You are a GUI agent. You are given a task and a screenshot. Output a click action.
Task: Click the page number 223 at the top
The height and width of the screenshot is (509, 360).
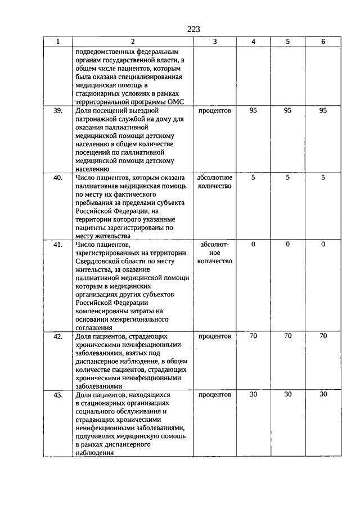[192, 29]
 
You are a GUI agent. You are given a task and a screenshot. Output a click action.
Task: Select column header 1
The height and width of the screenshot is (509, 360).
[58, 42]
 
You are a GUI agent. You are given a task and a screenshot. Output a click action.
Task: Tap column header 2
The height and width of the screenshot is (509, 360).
[133, 42]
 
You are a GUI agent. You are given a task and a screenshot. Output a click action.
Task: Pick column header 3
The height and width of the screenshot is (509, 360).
[215, 42]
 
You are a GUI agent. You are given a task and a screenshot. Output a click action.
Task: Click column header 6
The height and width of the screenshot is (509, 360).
[322, 42]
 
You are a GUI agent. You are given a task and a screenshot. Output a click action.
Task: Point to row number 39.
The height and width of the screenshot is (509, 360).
[58, 111]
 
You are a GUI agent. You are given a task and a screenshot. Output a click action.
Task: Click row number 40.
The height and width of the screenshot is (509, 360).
[58, 178]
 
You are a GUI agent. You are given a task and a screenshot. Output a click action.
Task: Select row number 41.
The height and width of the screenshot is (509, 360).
[58, 245]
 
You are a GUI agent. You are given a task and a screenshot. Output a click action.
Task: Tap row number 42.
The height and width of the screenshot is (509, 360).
[58, 336]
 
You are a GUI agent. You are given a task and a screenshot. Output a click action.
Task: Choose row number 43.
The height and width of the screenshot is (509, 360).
[58, 395]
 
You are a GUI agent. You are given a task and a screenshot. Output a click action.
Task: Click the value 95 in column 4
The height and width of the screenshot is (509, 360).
[253, 111]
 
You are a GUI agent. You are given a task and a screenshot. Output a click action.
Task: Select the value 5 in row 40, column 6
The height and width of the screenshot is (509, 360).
[322, 178]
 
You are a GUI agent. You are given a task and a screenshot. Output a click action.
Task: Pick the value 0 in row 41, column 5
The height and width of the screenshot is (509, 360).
[288, 245]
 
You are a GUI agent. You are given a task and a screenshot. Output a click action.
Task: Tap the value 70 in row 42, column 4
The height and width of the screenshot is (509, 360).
[253, 336]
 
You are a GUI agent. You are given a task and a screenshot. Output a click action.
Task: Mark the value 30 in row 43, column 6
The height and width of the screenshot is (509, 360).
[322, 395]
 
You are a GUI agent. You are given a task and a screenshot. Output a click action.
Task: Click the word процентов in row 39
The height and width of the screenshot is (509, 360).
[215, 111]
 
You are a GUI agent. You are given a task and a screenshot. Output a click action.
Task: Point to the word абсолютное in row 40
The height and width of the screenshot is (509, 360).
[215, 178]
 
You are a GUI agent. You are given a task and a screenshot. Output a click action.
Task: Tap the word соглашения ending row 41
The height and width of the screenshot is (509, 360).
[93, 327]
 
